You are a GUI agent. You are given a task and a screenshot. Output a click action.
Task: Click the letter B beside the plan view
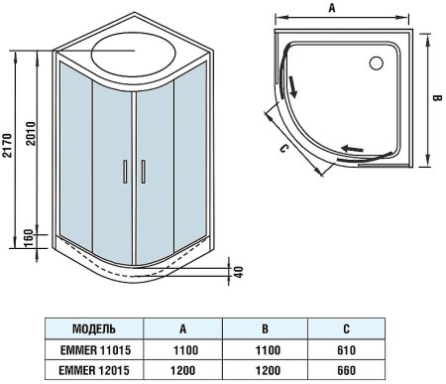436,99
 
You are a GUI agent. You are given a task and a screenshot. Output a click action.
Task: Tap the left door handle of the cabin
124,172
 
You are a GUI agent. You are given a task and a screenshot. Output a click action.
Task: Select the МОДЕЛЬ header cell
95,328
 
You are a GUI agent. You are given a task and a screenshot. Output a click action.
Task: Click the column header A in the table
183,328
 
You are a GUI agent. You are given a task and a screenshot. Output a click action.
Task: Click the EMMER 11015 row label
95,348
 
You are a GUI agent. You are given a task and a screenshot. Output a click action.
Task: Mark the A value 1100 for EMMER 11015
183,348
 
